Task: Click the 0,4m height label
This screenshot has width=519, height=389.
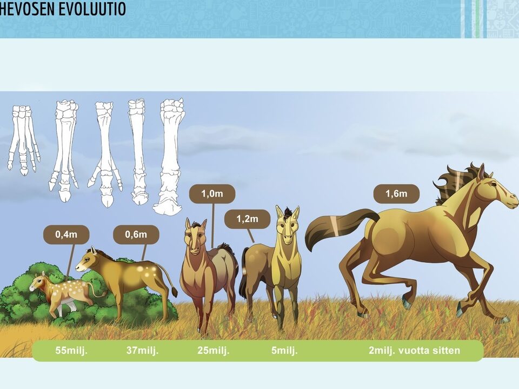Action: tap(66, 234)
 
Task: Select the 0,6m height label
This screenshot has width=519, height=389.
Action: tap(136, 234)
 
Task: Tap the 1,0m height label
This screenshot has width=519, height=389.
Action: tap(212, 193)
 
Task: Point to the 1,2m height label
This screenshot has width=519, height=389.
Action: tap(247, 219)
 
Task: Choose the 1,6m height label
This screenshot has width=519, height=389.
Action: tap(396, 193)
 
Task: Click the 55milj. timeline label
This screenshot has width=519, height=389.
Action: tap(71, 350)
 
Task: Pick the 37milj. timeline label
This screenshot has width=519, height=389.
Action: tap(142, 350)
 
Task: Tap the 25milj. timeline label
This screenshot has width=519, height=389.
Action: tap(213, 350)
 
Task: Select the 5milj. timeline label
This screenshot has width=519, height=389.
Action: tap(284, 350)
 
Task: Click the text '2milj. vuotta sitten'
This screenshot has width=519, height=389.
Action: tap(415, 350)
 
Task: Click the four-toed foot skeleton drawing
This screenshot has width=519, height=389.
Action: tap(24, 139)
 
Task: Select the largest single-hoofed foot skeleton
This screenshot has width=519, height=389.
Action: tap(169, 156)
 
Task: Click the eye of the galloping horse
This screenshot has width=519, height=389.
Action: tap(494, 183)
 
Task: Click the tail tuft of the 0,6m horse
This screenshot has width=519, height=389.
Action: tap(174, 292)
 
